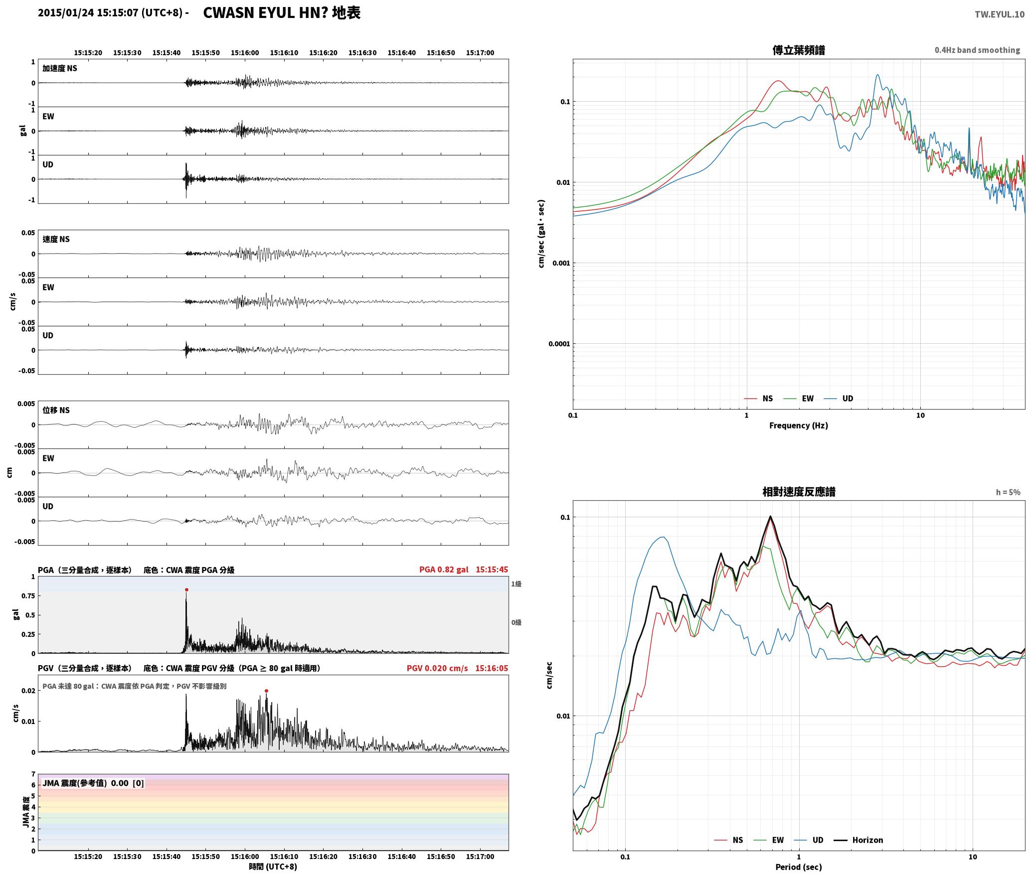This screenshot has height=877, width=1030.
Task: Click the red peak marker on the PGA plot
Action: pos(186,589)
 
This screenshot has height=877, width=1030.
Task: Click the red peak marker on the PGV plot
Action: pos(266,691)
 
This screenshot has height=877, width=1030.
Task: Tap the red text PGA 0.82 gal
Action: pos(444,570)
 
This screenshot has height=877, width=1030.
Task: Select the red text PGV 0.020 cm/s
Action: pos(437,668)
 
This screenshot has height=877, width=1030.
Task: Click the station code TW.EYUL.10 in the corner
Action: pos(1000,14)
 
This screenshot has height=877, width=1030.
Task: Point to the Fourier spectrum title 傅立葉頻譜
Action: pos(799,50)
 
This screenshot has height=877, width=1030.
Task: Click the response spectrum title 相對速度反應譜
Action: pos(799,492)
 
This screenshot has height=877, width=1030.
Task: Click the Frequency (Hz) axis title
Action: pos(799,425)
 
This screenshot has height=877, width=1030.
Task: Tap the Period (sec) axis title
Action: pos(799,867)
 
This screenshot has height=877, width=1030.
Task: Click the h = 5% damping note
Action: pos(1008,492)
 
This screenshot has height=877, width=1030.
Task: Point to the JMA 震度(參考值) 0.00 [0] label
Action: pos(93,783)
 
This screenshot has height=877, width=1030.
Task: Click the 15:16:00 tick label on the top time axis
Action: pos(245,53)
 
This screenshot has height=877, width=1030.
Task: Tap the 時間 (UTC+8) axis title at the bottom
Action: pos(273,867)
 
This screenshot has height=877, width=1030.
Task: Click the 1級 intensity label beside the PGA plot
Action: pos(516,584)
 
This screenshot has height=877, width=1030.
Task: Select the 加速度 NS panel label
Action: pos(60,68)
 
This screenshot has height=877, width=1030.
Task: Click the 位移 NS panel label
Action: pos(56,410)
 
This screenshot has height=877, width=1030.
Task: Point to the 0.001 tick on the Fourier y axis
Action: pos(560,263)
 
